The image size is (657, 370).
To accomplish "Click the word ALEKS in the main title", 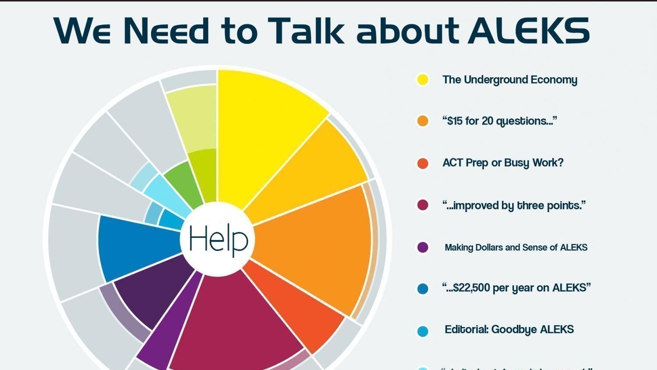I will pos(529,31).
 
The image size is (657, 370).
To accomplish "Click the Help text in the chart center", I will pos(218,239).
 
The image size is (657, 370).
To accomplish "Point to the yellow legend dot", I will pos(422,80).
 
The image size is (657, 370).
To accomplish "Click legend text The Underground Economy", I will pos(509,80).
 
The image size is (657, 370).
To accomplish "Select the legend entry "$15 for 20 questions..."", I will pos(499,121).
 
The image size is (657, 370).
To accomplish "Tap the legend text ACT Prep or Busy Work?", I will pos(503,163).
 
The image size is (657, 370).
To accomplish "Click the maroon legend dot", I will pos(422,205).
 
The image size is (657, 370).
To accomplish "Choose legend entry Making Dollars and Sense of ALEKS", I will pos(516,247).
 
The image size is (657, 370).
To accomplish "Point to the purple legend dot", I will pos(422,247).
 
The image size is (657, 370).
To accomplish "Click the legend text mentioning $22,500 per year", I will pos(516,288).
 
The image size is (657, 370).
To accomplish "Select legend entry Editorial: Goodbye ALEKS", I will pos(509,329).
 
